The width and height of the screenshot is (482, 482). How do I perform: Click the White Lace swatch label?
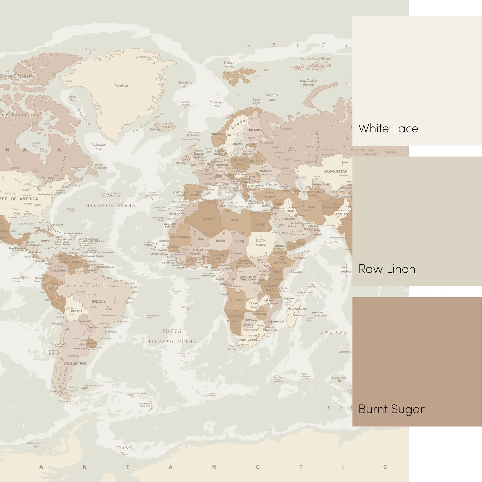pos(388,129)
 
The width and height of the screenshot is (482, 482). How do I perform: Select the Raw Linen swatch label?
pos(387,269)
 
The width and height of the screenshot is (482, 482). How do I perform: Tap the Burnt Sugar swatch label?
pos(391,409)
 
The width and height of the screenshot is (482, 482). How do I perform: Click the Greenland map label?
pos(121,86)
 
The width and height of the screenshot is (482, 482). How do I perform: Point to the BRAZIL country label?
pos(99,301)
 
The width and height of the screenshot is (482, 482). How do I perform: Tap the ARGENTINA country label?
pos(75,363)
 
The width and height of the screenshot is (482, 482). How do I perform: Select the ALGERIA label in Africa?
pos(209,219)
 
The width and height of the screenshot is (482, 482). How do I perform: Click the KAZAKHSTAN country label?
pos(335,171)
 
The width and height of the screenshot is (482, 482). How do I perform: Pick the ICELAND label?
pos(167,127)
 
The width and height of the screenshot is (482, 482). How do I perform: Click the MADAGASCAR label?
pos(297,309)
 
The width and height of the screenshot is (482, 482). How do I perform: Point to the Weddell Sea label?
pos(124,451)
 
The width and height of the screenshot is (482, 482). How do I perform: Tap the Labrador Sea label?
pos(98,147)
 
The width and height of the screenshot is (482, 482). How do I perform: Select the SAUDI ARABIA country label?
pos(285,219)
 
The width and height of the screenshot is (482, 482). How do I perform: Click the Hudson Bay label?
pos(35,145)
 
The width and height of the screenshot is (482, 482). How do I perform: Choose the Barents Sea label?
pos(272,97)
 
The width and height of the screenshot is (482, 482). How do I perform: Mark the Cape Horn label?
pos(66,401)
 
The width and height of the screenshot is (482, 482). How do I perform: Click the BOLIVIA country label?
pos(77,311)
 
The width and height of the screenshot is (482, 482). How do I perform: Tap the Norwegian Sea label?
pos(217,104)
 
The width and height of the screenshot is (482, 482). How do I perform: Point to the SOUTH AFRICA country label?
pos(248,340)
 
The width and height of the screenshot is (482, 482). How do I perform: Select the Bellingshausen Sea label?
pos(36,445)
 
